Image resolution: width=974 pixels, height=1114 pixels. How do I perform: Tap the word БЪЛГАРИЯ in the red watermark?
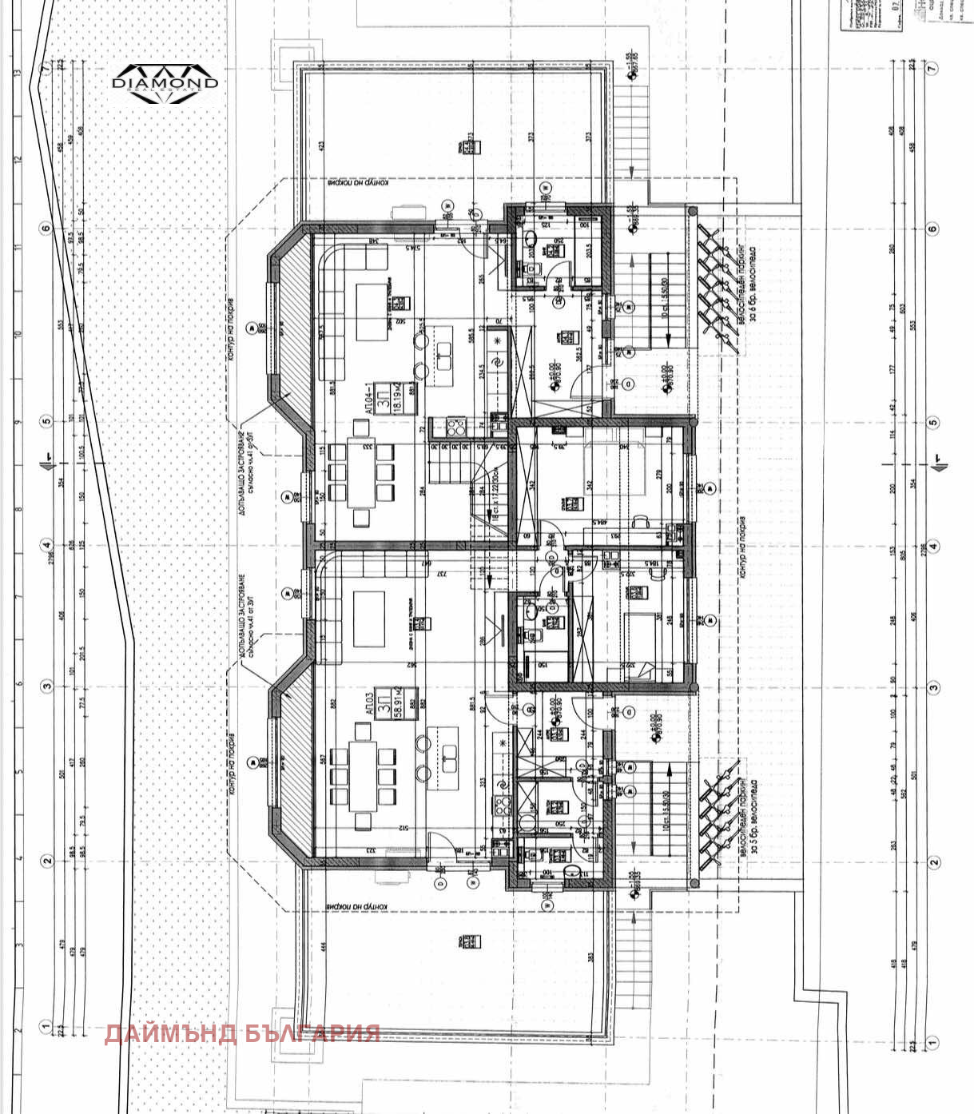coord(311,1033)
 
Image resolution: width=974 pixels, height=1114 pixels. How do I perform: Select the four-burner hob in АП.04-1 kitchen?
coord(456,428)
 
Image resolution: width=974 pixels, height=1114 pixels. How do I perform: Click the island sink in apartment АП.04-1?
coord(444,351)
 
